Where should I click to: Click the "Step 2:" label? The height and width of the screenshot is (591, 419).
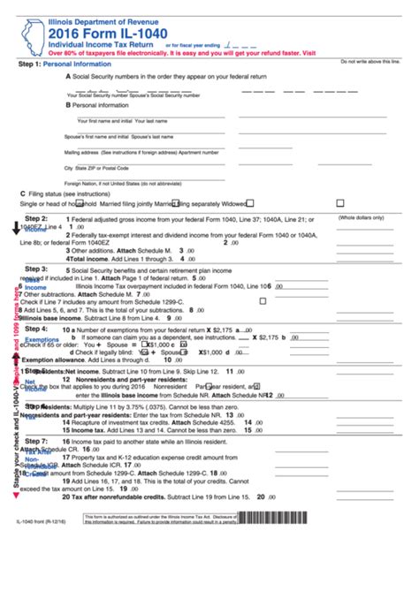[36, 218]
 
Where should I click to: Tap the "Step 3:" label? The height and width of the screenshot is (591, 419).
[36, 268]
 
